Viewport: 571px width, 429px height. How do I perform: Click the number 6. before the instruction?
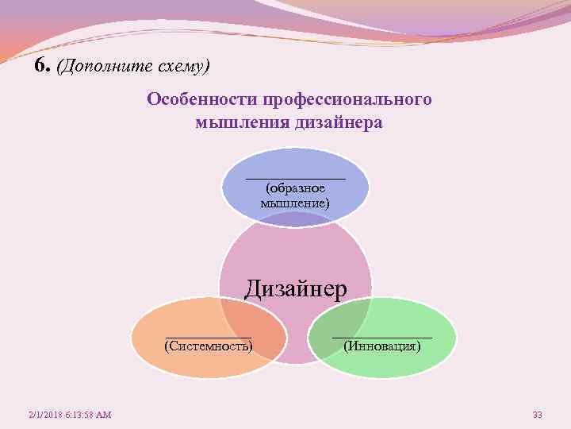click(x=43, y=65)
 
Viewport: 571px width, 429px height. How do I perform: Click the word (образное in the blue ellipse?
click(x=295, y=189)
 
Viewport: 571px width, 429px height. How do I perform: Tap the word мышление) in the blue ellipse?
click(x=295, y=203)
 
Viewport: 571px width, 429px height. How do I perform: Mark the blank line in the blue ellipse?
click(x=295, y=178)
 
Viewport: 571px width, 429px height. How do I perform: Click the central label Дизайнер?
click(x=295, y=288)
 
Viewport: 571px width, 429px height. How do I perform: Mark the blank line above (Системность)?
click(x=208, y=336)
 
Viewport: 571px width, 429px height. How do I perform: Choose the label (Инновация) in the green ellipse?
click(x=383, y=346)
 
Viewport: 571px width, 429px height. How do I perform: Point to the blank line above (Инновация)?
click(x=383, y=337)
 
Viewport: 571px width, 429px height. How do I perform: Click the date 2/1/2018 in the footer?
click(x=46, y=415)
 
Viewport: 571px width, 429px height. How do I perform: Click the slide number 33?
click(x=537, y=415)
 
